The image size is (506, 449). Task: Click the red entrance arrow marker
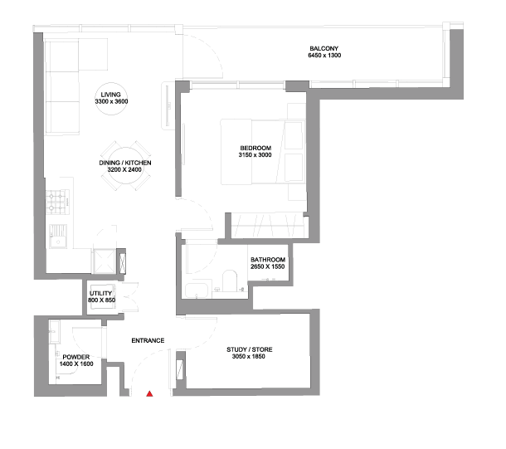tap(149, 393)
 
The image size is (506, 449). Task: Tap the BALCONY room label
tap(324, 48)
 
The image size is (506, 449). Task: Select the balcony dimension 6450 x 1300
tap(324, 56)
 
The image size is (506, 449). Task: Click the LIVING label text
tap(110, 95)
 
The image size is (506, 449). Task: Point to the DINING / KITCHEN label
tap(125, 163)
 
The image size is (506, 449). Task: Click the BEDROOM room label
tap(255, 149)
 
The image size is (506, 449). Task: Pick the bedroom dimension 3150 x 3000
tap(255, 155)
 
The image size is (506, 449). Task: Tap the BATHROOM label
tap(268, 260)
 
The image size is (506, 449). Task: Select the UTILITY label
tap(100, 294)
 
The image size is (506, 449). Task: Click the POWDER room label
tap(76, 357)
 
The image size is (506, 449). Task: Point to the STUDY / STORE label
tap(250, 349)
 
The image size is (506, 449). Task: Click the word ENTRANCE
tap(148, 340)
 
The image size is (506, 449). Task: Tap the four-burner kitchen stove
tap(58, 202)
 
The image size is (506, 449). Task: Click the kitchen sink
tap(58, 237)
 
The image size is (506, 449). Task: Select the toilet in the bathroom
tap(230, 281)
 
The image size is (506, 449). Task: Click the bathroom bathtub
tap(197, 290)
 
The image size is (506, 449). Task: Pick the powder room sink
tap(54, 331)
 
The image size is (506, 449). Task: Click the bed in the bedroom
tap(263, 152)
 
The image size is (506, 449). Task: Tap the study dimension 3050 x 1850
tap(249, 356)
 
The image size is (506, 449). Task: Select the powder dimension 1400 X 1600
tap(76, 364)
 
